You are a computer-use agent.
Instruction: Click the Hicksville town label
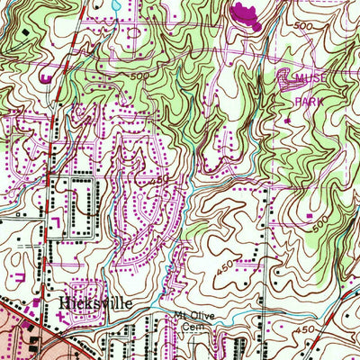pyautogui.click(x=94, y=303)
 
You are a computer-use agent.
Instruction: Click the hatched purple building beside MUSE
pyautogui.click(x=286, y=79)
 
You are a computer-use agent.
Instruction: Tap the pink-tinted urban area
pyautogui.click(x=13, y=328)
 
